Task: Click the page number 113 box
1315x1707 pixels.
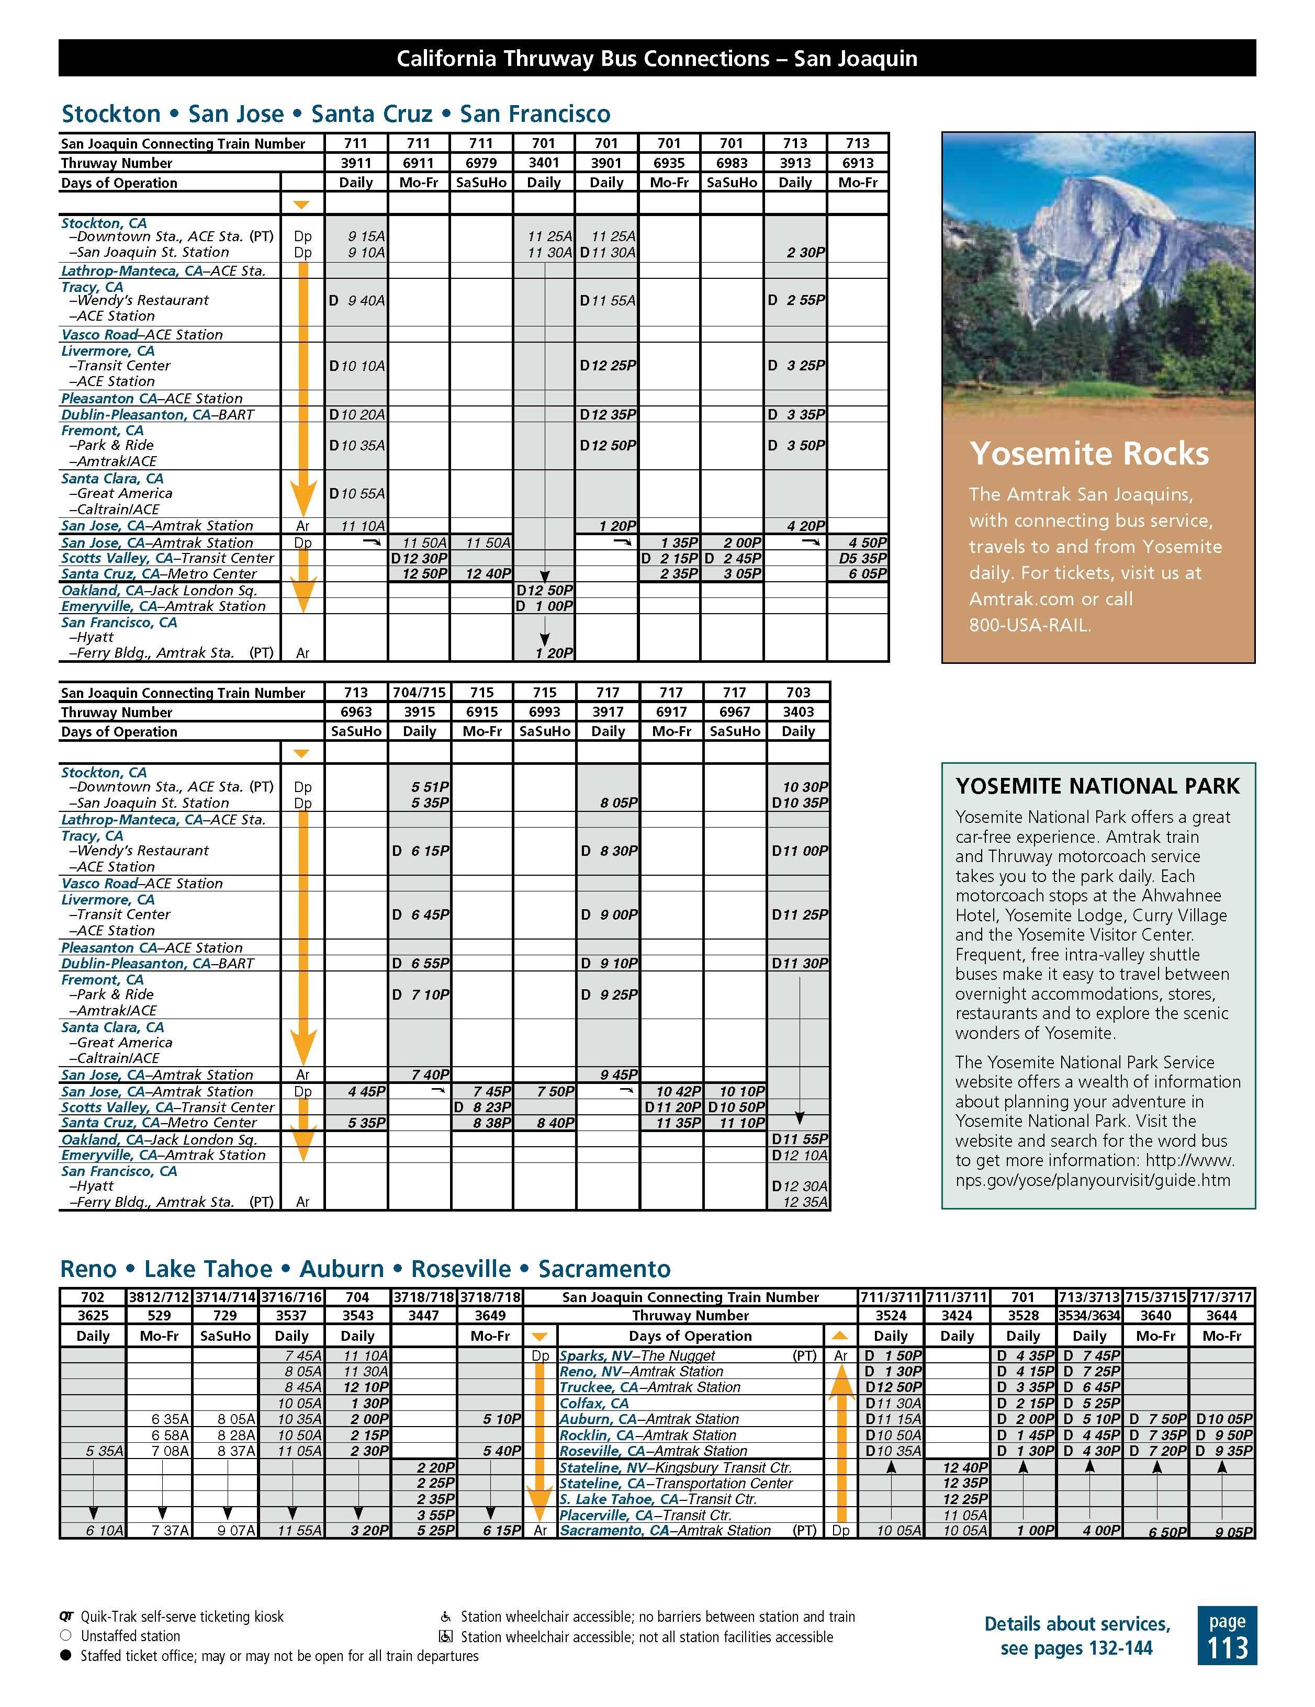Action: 1226,1635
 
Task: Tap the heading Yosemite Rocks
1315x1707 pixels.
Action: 1088,454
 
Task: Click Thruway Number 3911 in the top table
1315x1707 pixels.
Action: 356,163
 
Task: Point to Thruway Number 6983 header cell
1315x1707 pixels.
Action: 732,163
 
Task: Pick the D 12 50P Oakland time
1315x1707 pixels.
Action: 544,590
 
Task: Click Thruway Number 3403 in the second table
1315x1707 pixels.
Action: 798,712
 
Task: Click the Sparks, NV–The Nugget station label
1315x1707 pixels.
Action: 637,1356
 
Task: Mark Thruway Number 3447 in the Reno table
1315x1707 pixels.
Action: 424,1315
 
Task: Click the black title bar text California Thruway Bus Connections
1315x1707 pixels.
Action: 657,59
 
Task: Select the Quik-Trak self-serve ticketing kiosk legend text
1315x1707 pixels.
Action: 182,1617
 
